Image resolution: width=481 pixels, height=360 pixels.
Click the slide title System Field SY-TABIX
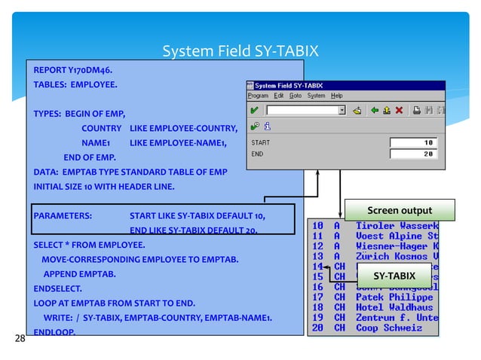click(240, 51)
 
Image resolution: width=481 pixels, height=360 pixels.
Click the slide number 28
click(20, 338)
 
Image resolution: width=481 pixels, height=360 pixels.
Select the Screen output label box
click(399, 210)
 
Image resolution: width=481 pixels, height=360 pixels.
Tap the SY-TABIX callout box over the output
click(396, 275)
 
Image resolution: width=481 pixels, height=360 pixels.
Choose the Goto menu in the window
click(295, 96)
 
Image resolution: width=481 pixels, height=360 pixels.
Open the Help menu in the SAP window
click(336, 96)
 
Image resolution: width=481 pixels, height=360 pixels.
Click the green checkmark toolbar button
click(255, 110)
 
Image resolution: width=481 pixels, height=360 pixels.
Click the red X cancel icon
click(400, 110)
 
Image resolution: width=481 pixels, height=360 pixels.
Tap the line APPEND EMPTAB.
click(79, 274)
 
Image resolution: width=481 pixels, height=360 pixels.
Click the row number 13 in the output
click(317, 256)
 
